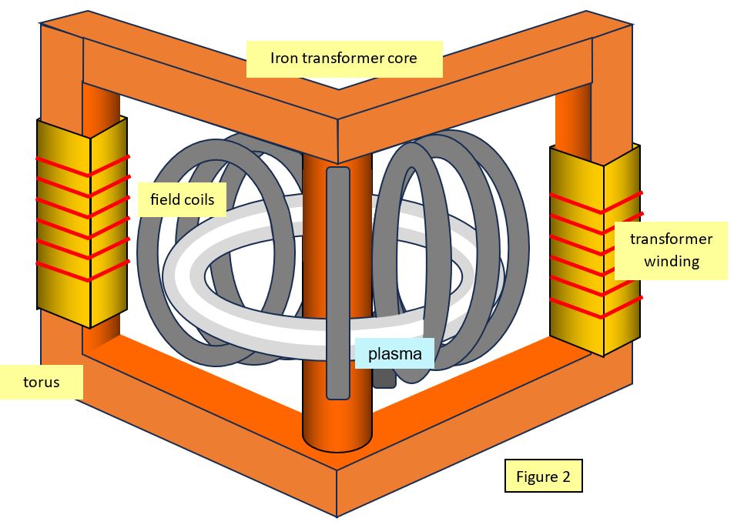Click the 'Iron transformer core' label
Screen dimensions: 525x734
pyautogui.click(x=344, y=59)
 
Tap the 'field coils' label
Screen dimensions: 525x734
pyautogui.click(x=182, y=201)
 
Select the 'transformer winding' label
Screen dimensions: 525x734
pyautogui.click(x=671, y=250)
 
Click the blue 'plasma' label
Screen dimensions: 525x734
pyautogui.click(x=394, y=354)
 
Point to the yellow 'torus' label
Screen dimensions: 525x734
pyautogui.click(x=41, y=382)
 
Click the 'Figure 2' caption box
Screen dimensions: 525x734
pyautogui.click(x=543, y=477)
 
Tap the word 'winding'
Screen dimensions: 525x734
pyautogui.click(x=671, y=262)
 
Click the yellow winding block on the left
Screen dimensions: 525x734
pyautogui.click(x=81, y=223)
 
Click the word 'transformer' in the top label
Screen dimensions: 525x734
pyautogui.click(x=343, y=58)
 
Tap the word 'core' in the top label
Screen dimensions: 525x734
pyautogui.click(x=403, y=58)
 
